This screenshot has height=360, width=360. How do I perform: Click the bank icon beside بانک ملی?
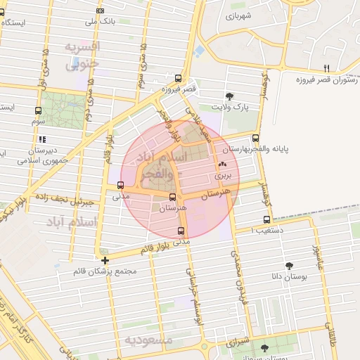(x=100, y=11)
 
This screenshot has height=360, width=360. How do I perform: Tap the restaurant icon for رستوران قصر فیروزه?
(x=326, y=67)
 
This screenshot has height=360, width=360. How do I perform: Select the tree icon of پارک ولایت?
(x=229, y=96)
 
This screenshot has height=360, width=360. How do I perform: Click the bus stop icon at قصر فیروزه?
(x=178, y=79)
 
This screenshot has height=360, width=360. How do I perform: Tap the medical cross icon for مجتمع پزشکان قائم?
(x=105, y=260)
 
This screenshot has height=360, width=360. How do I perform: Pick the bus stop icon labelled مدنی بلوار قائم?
(x=181, y=230)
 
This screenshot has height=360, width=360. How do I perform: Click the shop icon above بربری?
(x=222, y=164)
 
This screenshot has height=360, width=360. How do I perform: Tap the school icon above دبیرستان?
(x=42, y=139)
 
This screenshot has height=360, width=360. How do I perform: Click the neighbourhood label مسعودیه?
(x=148, y=339)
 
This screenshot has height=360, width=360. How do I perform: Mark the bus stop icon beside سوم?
(x=39, y=110)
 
